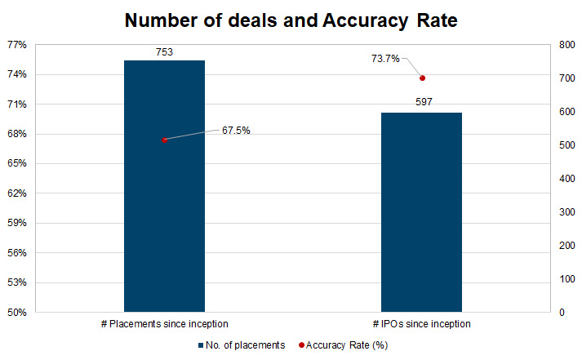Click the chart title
[x=291, y=20]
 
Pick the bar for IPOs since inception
[x=422, y=212]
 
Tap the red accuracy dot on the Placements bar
[x=164, y=140]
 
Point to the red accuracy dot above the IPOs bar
[x=422, y=78]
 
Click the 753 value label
[x=164, y=51]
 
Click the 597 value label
[x=422, y=103]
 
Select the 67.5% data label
[x=236, y=130]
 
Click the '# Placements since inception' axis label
[x=164, y=325]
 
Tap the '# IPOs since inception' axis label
[x=422, y=325]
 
